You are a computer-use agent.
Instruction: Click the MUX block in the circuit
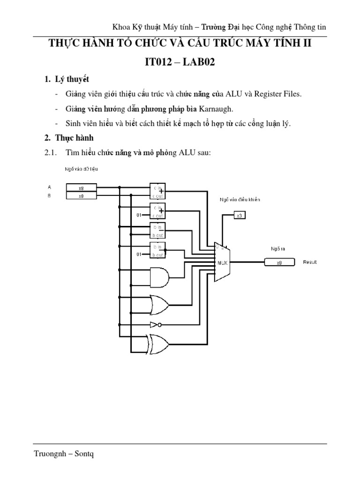[x=221, y=262]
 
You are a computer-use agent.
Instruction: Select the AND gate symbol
[x=159, y=277]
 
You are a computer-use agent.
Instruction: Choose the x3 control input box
[x=239, y=215]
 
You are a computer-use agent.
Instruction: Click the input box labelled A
[x=81, y=187]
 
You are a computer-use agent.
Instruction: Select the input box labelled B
[x=81, y=196]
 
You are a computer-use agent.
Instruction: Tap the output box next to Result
[x=279, y=262]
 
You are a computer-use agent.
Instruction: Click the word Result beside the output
[x=310, y=262]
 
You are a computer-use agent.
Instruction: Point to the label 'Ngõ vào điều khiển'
[x=240, y=199]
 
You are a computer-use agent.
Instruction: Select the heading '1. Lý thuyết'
[x=67, y=79]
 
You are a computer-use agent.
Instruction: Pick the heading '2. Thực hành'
[x=68, y=138]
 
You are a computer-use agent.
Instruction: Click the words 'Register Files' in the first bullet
[x=278, y=94]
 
